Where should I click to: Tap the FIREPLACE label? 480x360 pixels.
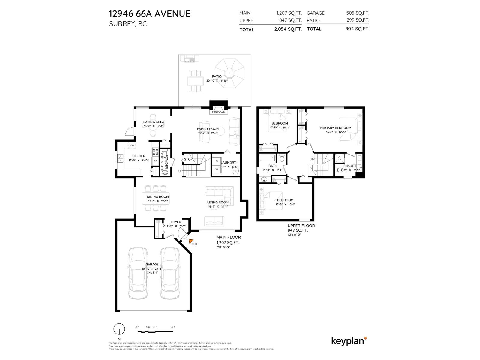click(x=218, y=112)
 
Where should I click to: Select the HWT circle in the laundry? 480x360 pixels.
click(x=235, y=171)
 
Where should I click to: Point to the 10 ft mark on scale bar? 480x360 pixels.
click(x=173, y=327)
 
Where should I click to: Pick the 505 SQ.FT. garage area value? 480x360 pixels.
click(x=358, y=13)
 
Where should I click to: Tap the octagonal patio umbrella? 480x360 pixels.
click(x=230, y=73)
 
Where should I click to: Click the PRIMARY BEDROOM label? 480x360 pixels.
click(x=335, y=128)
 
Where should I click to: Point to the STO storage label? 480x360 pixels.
click(x=187, y=159)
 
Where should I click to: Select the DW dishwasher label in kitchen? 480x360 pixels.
click(x=132, y=145)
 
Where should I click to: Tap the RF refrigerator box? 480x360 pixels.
click(x=155, y=161)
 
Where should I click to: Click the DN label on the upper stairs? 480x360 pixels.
click(x=312, y=159)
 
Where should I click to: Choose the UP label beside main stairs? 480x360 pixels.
click(x=181, y=171)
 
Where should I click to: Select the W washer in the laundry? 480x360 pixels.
click(x=217, y=169)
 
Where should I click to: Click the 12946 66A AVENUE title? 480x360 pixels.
click(x=149, y=14)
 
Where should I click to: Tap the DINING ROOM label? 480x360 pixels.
click(x=158, y=197)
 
